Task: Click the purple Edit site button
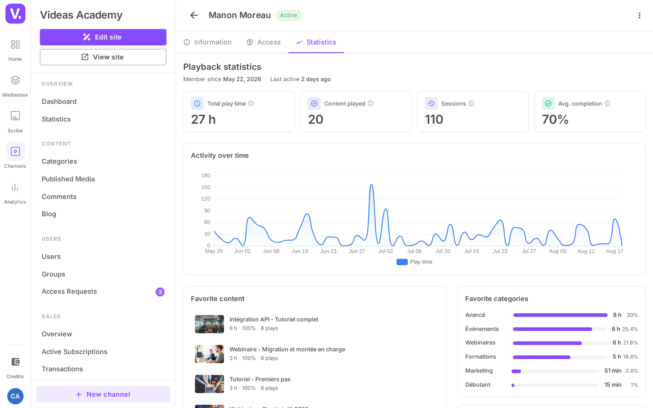[103, 37]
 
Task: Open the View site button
[103, 57]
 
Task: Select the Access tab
[264, 42]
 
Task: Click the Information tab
[207, 42]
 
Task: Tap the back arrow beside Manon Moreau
[194, 15]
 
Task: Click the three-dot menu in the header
[639, 16]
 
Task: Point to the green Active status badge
[288, 15]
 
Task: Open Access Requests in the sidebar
[69, 291]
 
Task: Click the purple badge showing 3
[160, 292]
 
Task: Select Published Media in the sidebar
[68, 179]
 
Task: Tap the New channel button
[103, 394]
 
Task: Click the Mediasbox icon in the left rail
[15, 80]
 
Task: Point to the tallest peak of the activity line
[371, 184]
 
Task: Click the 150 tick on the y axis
[206, 187]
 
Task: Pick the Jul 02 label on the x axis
[386, 251]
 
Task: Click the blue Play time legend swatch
[402, 262]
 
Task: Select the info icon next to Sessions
[471, 104]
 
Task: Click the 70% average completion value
[555, 120]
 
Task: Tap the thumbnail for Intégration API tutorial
[209, 324]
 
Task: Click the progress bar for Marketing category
[555, 371]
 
